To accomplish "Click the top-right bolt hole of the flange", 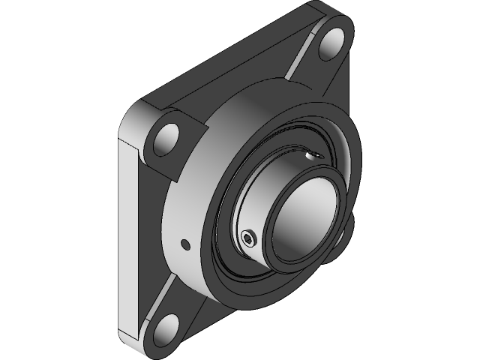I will pos(331,46).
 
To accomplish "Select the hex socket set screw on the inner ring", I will pos(248,238).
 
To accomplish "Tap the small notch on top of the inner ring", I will pos(313,155).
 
